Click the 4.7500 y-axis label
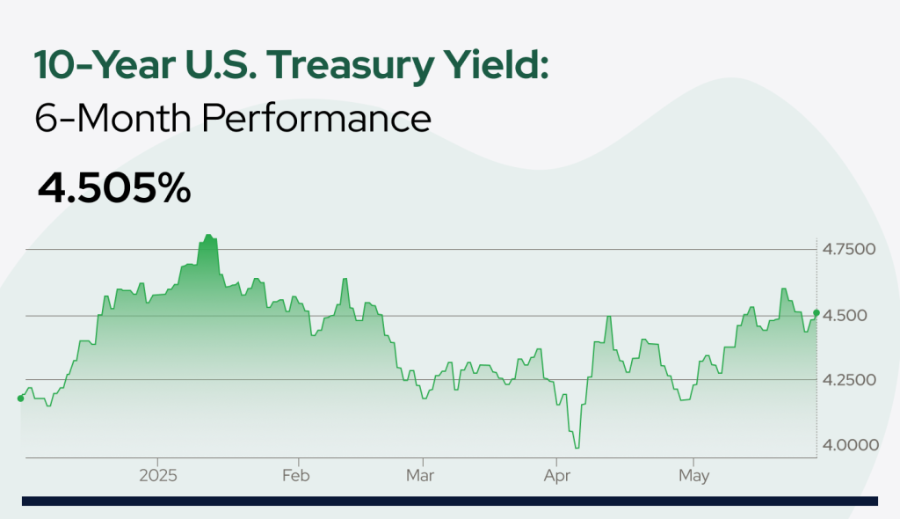tap(849, 250)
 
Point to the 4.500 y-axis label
tap(845, 316)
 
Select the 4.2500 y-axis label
tap(850, 380)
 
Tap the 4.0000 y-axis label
tap(851, 445)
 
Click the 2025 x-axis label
tap(158, 475)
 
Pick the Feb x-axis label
tap(295, 475)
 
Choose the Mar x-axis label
tap(420, 475)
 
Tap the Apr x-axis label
tap(557, 476)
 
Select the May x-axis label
tap(694, 476)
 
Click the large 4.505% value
tap(114, 188)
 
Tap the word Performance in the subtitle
tap(316, 119)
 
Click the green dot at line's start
tap(21, 398)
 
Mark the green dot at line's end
tap(817, 312)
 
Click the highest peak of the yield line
tap(208, 235)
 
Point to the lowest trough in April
tap(577, 447)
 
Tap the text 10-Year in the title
tap(105, 64)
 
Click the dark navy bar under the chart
tap(450, 501)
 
